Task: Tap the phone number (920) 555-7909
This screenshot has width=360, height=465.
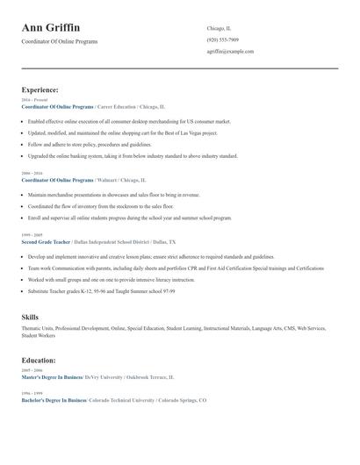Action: click(x=223, y=39)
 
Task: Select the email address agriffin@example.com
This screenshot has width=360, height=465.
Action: click(x=231, y=52)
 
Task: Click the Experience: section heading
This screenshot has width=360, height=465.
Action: click(x=40, y=89)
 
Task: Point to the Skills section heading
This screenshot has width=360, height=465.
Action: click(x=30, y=317)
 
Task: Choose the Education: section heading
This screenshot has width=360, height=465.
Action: click(x=39, y=360)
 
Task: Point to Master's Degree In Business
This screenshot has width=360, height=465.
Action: click(x=52, y=376)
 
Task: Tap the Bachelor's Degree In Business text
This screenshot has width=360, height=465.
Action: click(x=54, y=400)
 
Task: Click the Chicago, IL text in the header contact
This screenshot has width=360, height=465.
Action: click(x=220, y=28)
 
